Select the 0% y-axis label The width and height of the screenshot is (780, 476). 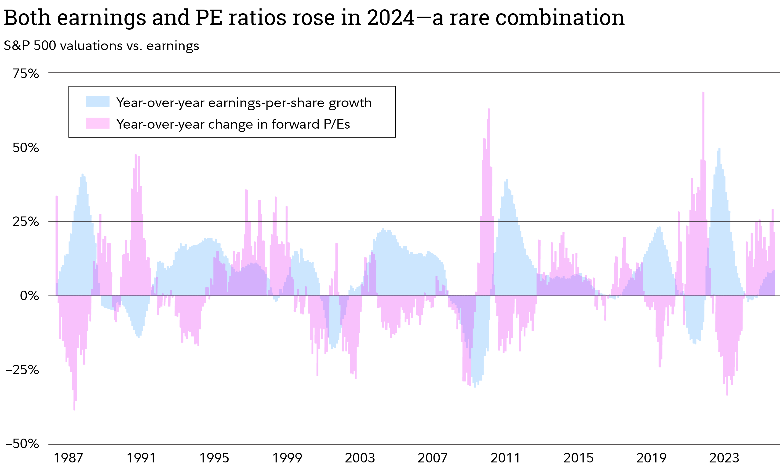[x=29, y=296]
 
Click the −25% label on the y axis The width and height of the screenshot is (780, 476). [x=22, y=370]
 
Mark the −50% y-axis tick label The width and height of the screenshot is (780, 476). [x=22, y=444]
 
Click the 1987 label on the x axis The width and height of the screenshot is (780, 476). [x=68, y=458]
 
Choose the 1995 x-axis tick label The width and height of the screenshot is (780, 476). [x=214, y=458]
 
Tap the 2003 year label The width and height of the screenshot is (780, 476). [x=360, y=458]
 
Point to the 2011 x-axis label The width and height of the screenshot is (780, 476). [x=505, y=458]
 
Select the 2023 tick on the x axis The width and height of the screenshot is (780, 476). [x=724, y=458]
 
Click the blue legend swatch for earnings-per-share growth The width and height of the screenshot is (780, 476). [x=98, y=101]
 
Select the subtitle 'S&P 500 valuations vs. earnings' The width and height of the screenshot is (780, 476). [x=101, y=46]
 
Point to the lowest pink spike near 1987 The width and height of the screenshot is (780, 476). [x=74, y=409]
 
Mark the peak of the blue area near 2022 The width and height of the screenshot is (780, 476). [x=719, y=149]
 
